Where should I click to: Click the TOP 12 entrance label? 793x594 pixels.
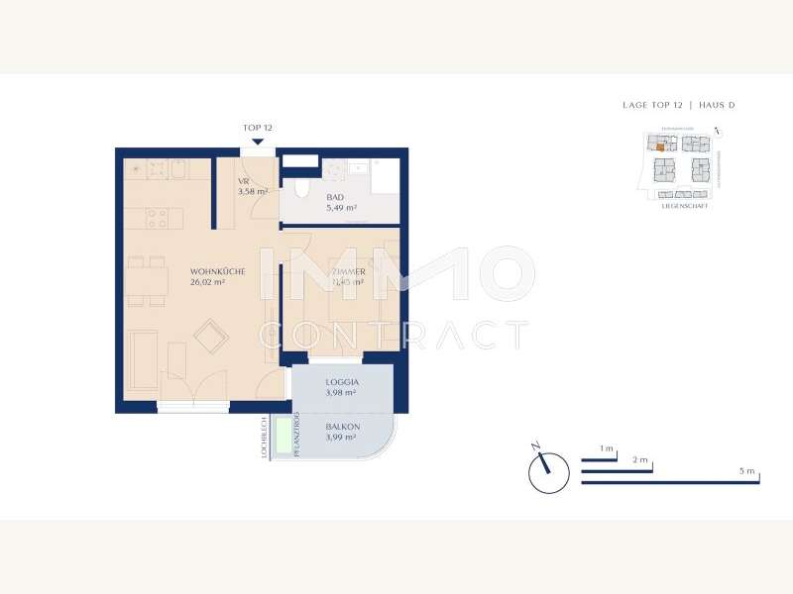257,128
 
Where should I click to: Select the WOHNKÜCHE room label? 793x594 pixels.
217,270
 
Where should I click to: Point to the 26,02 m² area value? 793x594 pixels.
208,282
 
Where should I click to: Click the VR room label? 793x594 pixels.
243,181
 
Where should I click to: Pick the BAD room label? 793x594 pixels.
335,198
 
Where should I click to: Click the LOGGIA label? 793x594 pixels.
342,381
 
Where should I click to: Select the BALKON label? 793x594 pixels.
343,427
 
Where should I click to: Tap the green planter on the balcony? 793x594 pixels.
284,437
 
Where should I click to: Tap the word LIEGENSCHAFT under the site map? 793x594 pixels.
684,205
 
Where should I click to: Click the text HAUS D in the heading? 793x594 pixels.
717,105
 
